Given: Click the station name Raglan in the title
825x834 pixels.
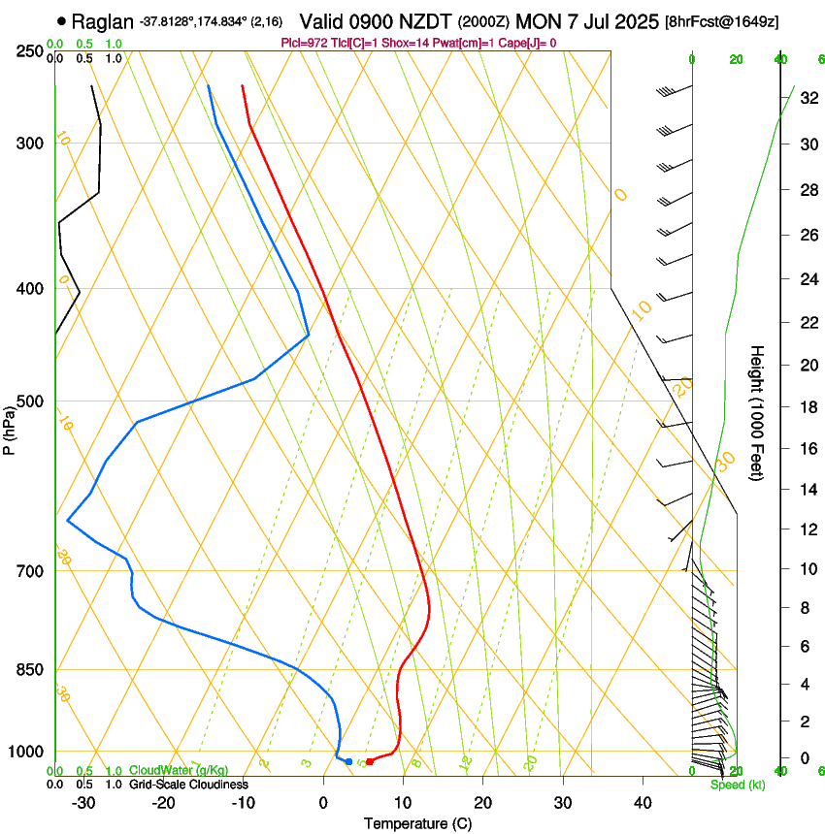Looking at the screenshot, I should [x=104, y=21].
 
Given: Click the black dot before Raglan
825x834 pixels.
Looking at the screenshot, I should [x=63, y=20].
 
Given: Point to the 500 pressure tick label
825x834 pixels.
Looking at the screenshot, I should [x=28, y=401].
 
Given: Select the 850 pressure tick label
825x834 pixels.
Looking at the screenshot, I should [x=28, y=670].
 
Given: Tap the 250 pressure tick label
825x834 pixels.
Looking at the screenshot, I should [x=28, y=51].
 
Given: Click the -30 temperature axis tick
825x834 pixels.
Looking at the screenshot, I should [x=83, y=802].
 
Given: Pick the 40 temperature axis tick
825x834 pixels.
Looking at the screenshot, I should [x=642, y=802].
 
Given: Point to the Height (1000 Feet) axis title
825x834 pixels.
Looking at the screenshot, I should [x=758, y=412].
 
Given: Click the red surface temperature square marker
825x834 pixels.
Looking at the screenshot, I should [x=369, y=762].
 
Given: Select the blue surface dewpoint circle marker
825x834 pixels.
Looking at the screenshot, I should [x=348, y=761].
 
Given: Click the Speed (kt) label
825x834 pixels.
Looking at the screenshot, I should [x=737, y=785].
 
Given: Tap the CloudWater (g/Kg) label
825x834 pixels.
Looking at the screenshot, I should [x=165, y=771].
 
